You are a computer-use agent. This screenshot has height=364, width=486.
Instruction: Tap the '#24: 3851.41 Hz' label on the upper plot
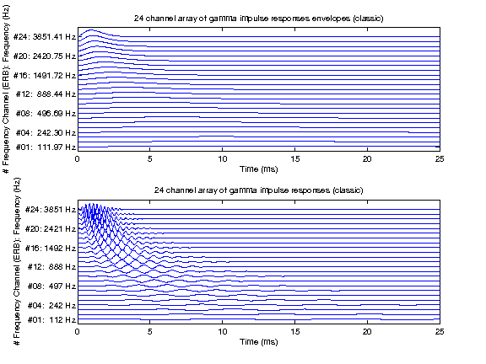click(x=44, y=37)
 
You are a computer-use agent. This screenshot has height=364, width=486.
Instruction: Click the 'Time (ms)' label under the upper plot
click(x=257, y=169)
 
